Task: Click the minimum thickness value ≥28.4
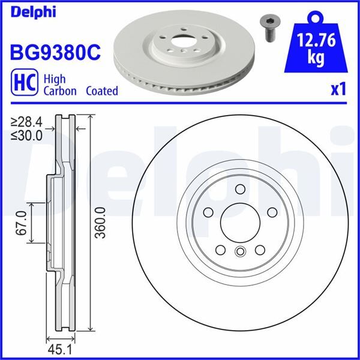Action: tap(27, 123)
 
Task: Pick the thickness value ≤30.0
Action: tap(27, 135)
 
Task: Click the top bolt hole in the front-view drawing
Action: tap(241, 190)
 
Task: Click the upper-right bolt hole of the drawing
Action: tap(272, 212)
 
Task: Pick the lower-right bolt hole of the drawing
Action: tap(260, 250)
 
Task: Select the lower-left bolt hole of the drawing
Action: tap(220, 250)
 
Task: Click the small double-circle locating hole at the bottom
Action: tap(240, 252)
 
